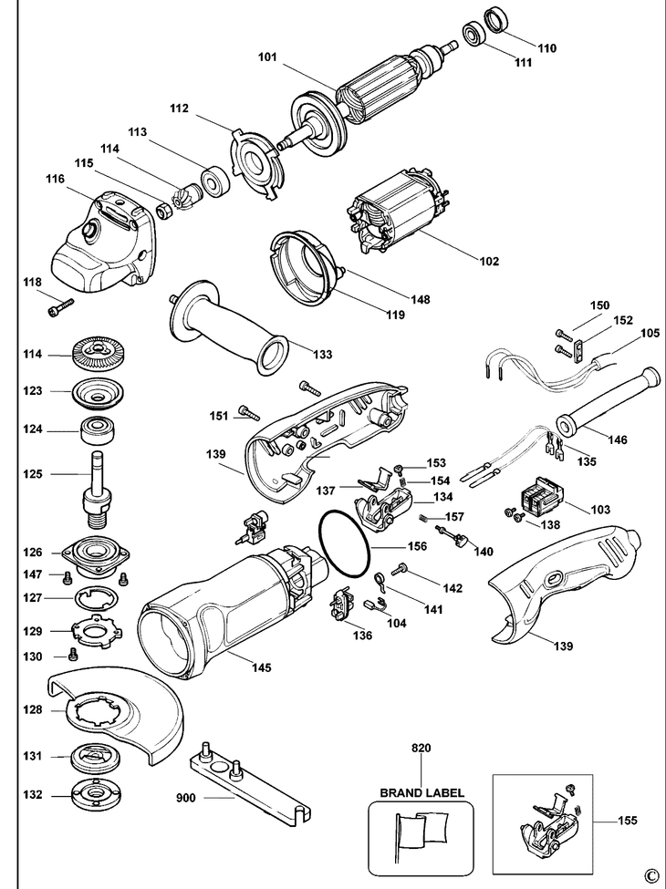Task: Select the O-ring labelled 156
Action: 346,543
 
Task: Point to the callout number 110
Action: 547,47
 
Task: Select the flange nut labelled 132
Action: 96,793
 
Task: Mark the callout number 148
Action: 421,299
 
